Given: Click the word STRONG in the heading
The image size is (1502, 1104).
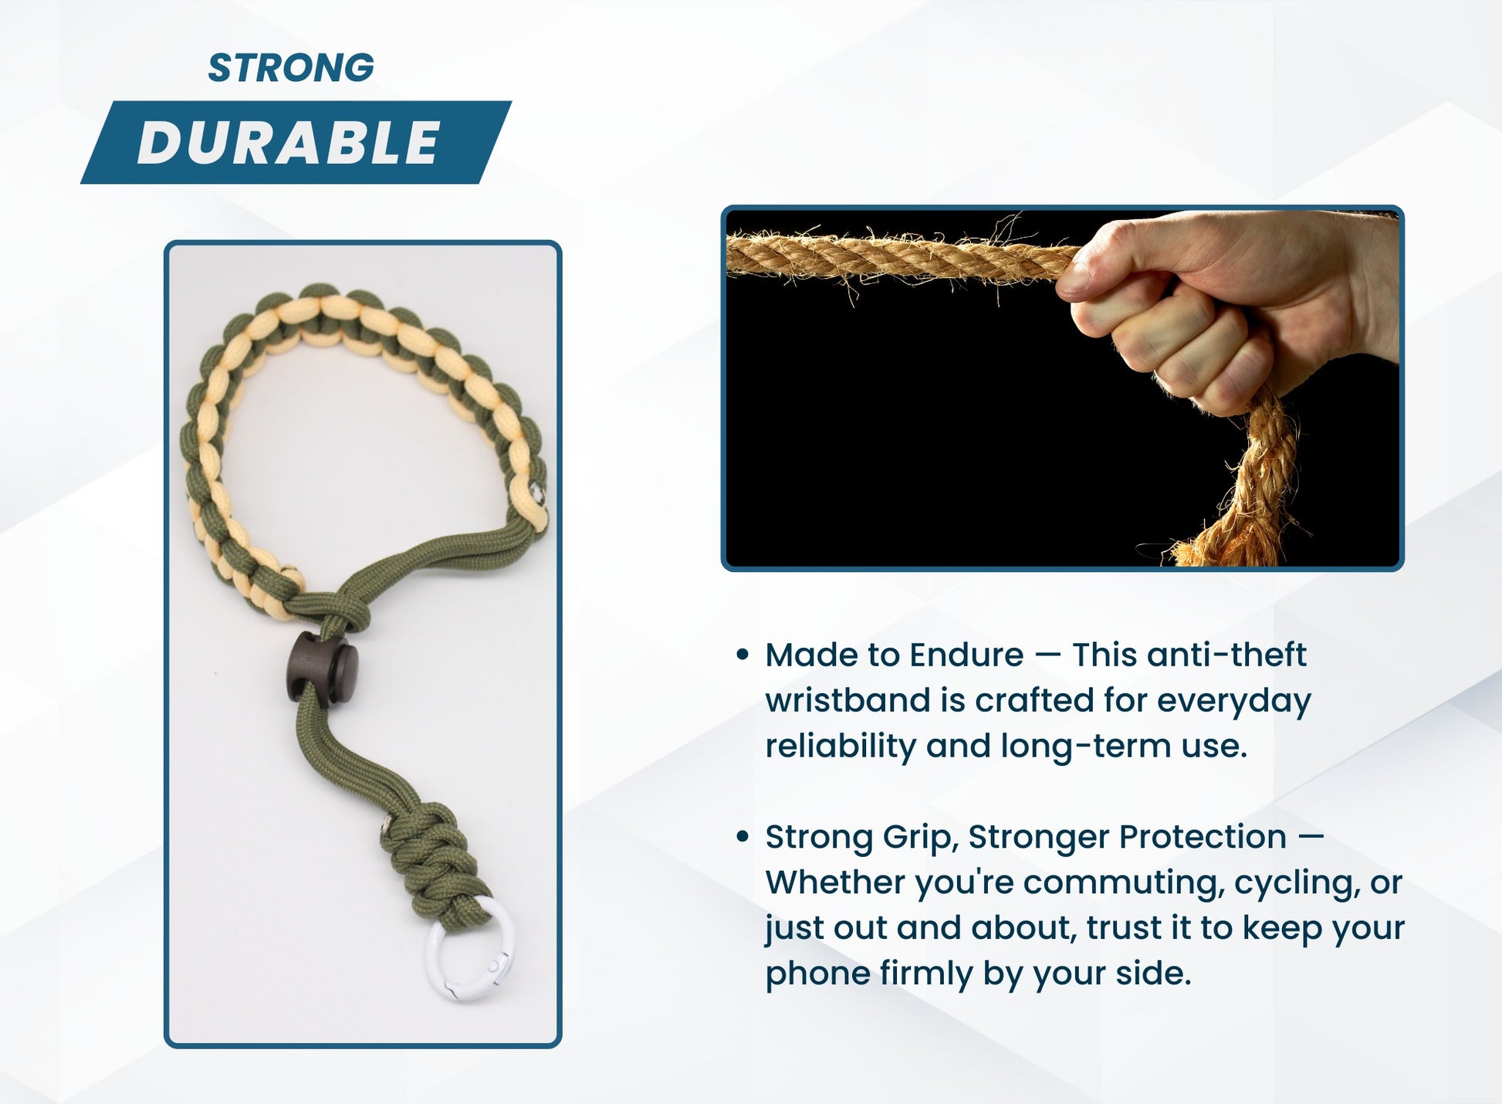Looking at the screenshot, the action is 291,68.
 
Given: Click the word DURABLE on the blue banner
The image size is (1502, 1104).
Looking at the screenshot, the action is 289,143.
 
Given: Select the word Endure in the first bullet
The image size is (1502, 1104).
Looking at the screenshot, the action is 966,655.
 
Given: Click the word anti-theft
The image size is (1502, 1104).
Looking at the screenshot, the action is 1226,655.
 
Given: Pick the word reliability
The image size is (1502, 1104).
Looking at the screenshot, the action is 839,747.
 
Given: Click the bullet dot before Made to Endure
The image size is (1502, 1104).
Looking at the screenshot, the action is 743,655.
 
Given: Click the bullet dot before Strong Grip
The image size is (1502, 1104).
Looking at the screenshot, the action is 743,837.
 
